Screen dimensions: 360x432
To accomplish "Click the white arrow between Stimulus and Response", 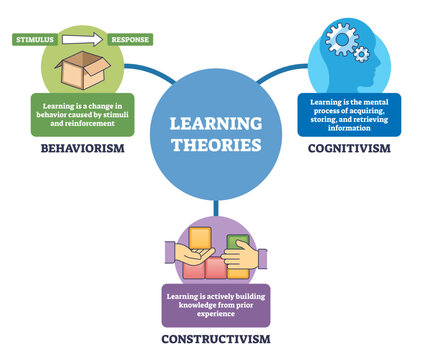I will [83, 39].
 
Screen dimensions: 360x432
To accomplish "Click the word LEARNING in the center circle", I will [215, 124].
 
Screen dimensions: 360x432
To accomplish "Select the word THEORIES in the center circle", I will [215, 144].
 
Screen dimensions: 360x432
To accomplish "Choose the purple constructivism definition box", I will [217, 305].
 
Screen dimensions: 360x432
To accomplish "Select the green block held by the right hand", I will [236, 247].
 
